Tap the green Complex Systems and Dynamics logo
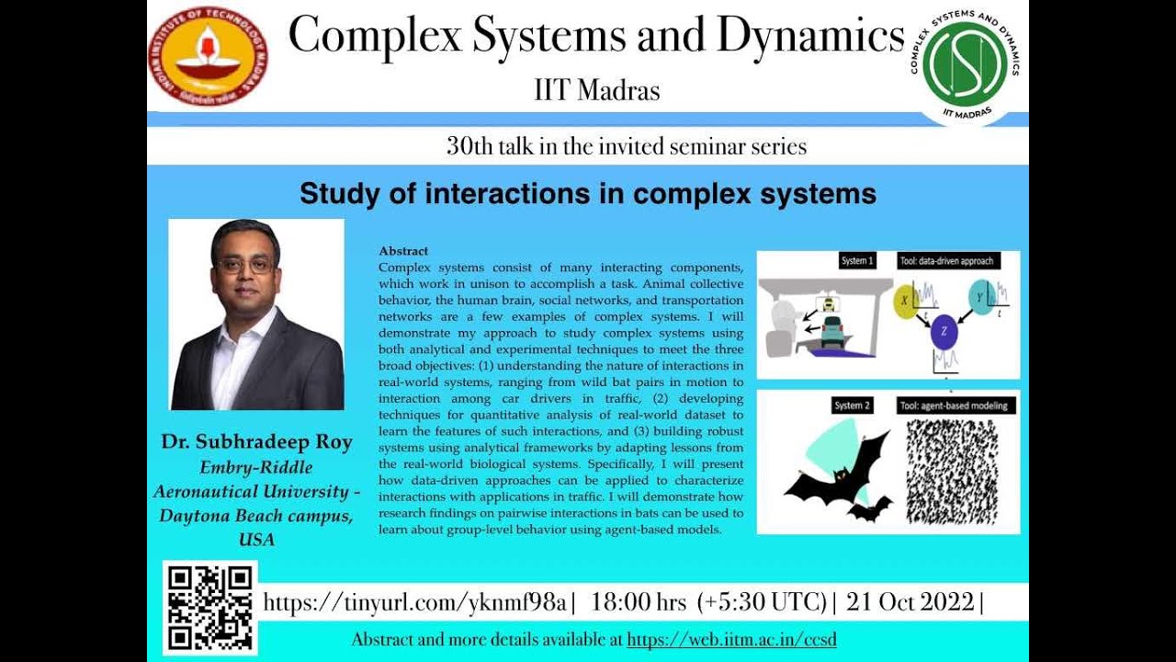click(x=964, y=63)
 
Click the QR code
click(x=209, y=608)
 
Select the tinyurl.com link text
click(x=414, y=602)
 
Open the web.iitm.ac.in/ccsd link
click(x=731, y=640)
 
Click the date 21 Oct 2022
click(x=910, y=602)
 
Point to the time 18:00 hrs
click(x=639, y=602)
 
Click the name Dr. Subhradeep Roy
click(x=256, y=442)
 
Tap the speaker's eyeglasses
click(x=245, y=265)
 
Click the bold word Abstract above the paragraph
click(x=403, y=251)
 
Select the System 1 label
click(x=856, y=261)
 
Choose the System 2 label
click(x=852, y=405)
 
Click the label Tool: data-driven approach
click(x=947, y=261)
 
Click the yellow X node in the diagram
click(x=905, y=301)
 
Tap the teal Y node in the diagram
click(x=981, y=298)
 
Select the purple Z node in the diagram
click(x=944, y=333)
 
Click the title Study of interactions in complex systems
click(x=587, y=194)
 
